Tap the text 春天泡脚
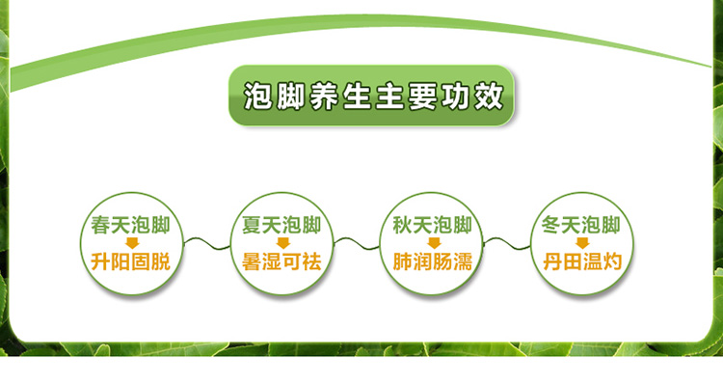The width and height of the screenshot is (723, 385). (129, 225)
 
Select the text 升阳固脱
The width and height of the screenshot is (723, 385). (129, 261)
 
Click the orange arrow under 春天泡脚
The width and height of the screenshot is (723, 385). (129, 243)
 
